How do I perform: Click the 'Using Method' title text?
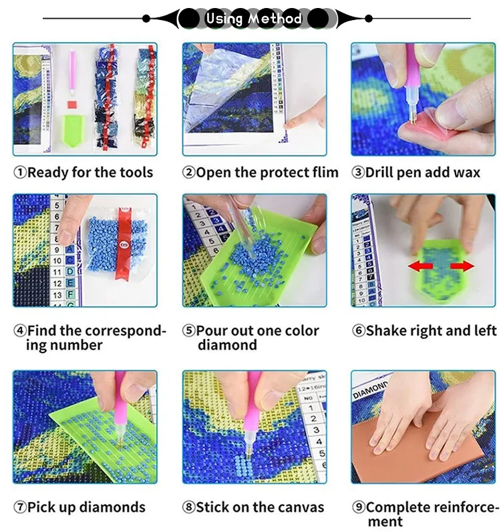(x=254, y=18)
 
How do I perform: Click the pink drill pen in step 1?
(x=72, y=73)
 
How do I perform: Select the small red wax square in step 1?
(x=72, y=105)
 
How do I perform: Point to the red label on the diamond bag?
(x=124, y=242)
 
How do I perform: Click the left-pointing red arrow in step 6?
(x=420, y=266)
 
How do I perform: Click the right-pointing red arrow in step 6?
(x=462, y=266)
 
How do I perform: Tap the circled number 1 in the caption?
(x=19, y=172)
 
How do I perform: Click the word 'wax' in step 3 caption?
(x=467, y=173)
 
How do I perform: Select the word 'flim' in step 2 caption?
(x=325, y=172)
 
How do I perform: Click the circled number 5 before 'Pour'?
(x=189, y=330)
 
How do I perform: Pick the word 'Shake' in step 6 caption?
(x=386, y=330)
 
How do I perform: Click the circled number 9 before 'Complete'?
(x=359, y=507)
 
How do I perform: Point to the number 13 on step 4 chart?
(x=57, y=295)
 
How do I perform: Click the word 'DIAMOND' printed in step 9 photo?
(x=370, y=390)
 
